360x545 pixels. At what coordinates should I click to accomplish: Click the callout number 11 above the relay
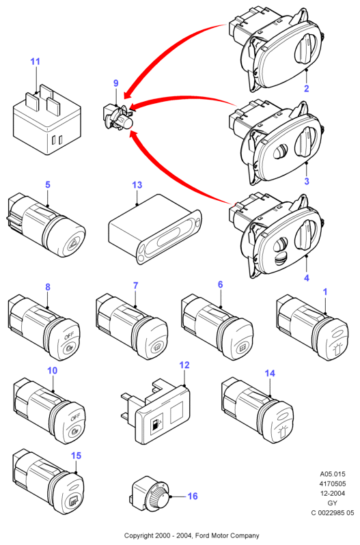(35, 61)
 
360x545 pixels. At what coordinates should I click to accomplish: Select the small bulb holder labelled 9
(119, 118)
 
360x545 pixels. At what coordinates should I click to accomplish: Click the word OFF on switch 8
(69, 335)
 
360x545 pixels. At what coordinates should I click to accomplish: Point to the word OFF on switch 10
(75, 417)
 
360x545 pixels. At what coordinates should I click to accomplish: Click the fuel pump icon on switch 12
(154, 424)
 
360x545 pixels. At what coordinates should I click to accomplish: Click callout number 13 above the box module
(137, 185)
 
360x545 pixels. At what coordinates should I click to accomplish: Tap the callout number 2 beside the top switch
(306, 88)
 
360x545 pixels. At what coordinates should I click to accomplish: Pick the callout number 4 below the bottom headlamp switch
(307, 278)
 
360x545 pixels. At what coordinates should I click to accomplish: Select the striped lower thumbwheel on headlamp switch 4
(281, 258)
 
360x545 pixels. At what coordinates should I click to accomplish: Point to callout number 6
(221, 284)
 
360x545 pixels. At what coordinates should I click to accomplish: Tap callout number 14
(270, 373)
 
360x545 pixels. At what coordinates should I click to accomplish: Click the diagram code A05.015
(333, 474)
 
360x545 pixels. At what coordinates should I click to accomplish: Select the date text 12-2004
(333, 493)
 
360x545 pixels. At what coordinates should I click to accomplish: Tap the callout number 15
(76, 456)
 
